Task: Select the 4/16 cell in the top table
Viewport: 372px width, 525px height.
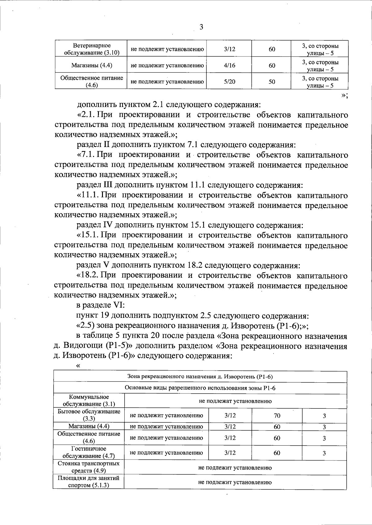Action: click(229, 65)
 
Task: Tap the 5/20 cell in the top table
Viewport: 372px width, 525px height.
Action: click(229, 82)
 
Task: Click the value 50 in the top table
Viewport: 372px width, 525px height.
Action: click(272, 82)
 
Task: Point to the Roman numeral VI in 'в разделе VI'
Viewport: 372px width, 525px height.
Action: click(119, 305)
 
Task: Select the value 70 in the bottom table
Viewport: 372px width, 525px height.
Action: click(277, 416)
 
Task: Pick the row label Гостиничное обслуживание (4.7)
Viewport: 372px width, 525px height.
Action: click(89, 452)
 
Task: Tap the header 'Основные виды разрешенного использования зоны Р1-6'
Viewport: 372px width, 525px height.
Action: click(200, 388)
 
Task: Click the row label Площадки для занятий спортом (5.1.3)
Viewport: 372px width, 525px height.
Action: click(89, 482)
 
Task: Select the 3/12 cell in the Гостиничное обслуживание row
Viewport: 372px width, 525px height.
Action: click(230, 453)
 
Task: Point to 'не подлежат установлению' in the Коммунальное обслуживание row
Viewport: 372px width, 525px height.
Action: click(235, 401)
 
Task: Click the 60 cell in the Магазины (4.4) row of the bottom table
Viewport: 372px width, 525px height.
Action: click(277, 427)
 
